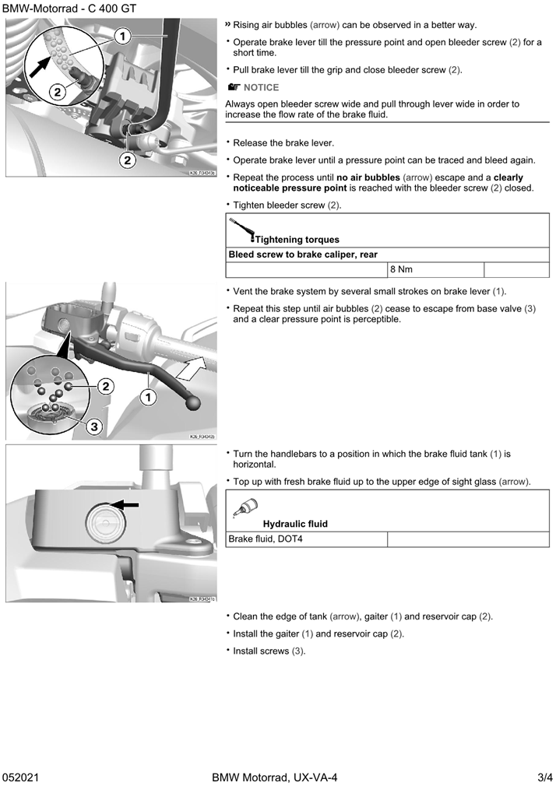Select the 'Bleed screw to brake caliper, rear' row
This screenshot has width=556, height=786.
[x=304, y=254]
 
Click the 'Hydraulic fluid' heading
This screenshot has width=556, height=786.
[x=295, y=524]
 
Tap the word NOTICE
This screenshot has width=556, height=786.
[x=261, y=88]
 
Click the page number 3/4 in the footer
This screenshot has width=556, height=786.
[x=544, y=777]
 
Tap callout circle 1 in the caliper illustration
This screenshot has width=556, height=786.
[x=121, y=36]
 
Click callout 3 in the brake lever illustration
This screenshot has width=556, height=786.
[x=93, y=426]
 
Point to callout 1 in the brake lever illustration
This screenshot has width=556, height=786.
[x=147, y=397]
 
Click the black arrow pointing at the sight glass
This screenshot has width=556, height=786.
[x=127, y=504]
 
